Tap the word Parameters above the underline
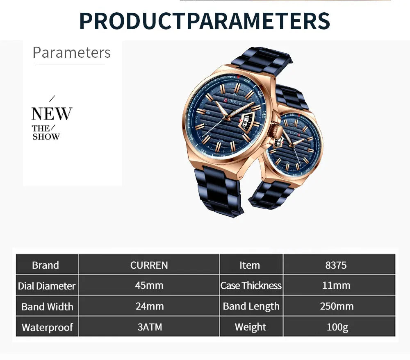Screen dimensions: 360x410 point(71,53)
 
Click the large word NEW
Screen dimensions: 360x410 point(52,114)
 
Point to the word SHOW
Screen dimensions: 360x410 point(46,137)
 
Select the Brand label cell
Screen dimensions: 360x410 point(46,265)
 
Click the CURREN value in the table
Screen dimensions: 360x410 point(149,265)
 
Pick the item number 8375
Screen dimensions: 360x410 point(336,265)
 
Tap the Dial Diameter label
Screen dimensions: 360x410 point(47,286)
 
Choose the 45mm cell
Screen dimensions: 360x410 point(149,285)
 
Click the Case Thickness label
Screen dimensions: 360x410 point(251,285)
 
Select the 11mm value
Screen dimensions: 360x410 point(336,285)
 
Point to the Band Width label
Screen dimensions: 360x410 point(47,306)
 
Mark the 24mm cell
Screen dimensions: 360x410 point(149,306)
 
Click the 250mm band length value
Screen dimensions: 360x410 point(336,306)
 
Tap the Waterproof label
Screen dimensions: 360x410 point(47,327)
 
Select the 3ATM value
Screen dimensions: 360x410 point(149,327)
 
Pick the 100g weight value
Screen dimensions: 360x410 point(336,327)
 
